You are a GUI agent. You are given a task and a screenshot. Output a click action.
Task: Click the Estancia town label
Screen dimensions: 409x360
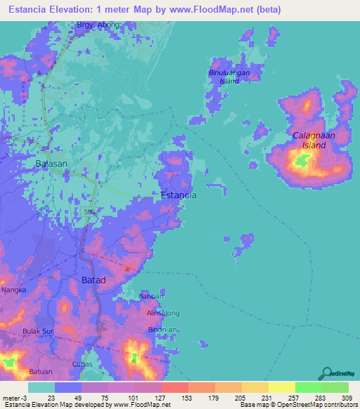coord(179,195)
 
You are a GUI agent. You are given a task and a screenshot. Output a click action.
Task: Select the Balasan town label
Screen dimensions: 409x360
coord(51,164)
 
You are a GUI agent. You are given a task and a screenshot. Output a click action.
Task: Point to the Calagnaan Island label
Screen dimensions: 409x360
coord(309,140)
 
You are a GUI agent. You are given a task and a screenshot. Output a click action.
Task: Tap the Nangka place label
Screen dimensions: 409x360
coord(15,289)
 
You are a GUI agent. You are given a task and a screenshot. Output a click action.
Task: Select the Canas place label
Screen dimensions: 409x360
coord(83,364)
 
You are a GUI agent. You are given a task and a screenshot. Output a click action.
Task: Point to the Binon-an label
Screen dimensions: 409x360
coord(161,329)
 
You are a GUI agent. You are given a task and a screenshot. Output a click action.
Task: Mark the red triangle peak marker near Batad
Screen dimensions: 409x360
coord(127,268)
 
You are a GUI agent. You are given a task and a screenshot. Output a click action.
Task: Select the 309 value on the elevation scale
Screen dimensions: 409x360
coord(347,398)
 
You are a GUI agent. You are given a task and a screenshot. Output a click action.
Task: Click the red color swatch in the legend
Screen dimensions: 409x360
coord(174,387)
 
